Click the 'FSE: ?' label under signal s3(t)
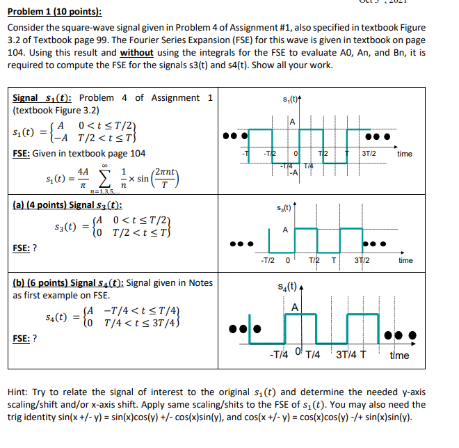point(25,248)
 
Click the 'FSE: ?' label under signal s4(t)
point(25,338)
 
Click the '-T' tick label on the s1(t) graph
point(243,153)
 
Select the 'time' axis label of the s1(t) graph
point(404,154)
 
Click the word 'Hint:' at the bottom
point(19,392)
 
